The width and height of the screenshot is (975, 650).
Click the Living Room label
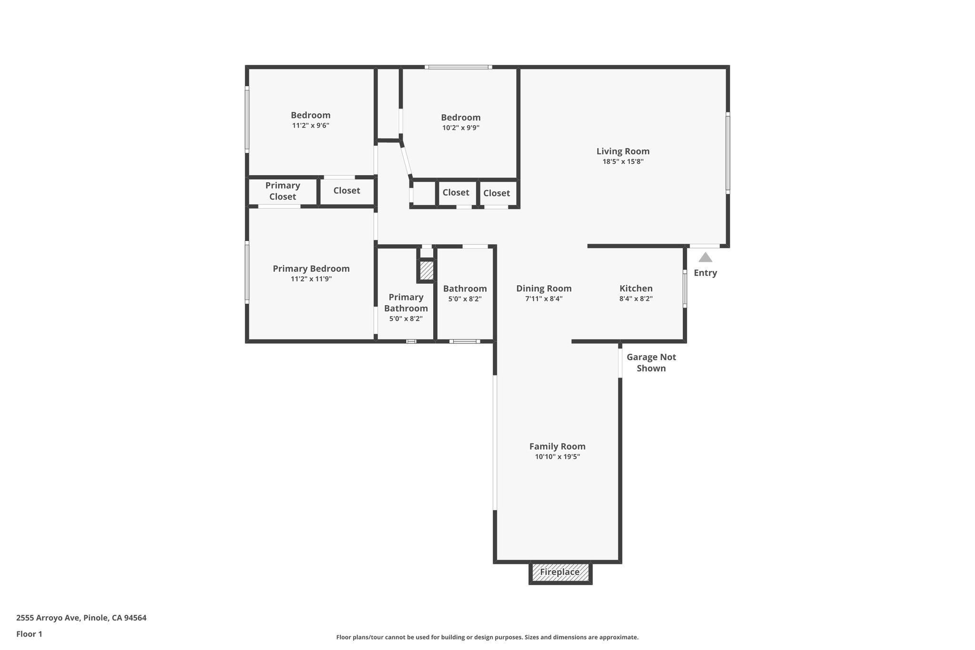623,151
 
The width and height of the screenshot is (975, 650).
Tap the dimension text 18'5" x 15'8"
623,162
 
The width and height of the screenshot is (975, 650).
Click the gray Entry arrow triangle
705,258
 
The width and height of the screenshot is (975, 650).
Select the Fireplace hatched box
560,572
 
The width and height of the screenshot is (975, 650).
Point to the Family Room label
557,446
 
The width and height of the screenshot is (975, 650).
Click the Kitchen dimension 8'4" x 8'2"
636,299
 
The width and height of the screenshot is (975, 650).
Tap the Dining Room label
544,289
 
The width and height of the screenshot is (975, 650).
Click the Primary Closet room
282,191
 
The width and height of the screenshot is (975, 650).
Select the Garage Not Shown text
651,362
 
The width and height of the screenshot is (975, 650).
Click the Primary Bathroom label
406,303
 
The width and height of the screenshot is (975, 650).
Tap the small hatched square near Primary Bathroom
427,270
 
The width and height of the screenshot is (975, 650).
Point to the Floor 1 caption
29,634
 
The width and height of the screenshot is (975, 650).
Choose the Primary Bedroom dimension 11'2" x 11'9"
311,279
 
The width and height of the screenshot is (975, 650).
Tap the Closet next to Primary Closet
347,191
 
